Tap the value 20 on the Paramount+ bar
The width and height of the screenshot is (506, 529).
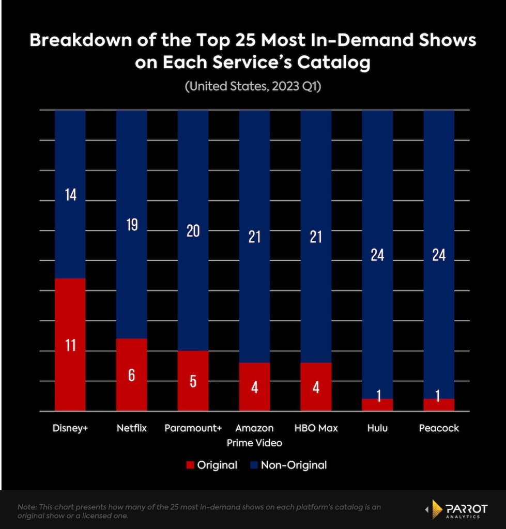(193, 231)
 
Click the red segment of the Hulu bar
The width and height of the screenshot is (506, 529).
(377, 405)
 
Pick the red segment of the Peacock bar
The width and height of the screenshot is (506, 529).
(439, 405)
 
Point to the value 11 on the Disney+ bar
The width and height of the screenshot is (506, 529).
(70, 345)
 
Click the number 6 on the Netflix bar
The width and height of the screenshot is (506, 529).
(131, 375)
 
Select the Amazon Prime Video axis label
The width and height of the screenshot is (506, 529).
(254, 435)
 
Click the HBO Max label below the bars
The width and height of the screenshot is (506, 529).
(316, 428)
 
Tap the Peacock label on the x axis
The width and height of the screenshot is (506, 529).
(439, 428)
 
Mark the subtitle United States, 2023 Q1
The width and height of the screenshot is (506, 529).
(253, 87)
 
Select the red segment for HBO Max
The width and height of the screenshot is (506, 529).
(316, 387)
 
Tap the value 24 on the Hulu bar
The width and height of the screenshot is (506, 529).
(377, 255)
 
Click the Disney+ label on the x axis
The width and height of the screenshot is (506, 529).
(70, 428)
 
